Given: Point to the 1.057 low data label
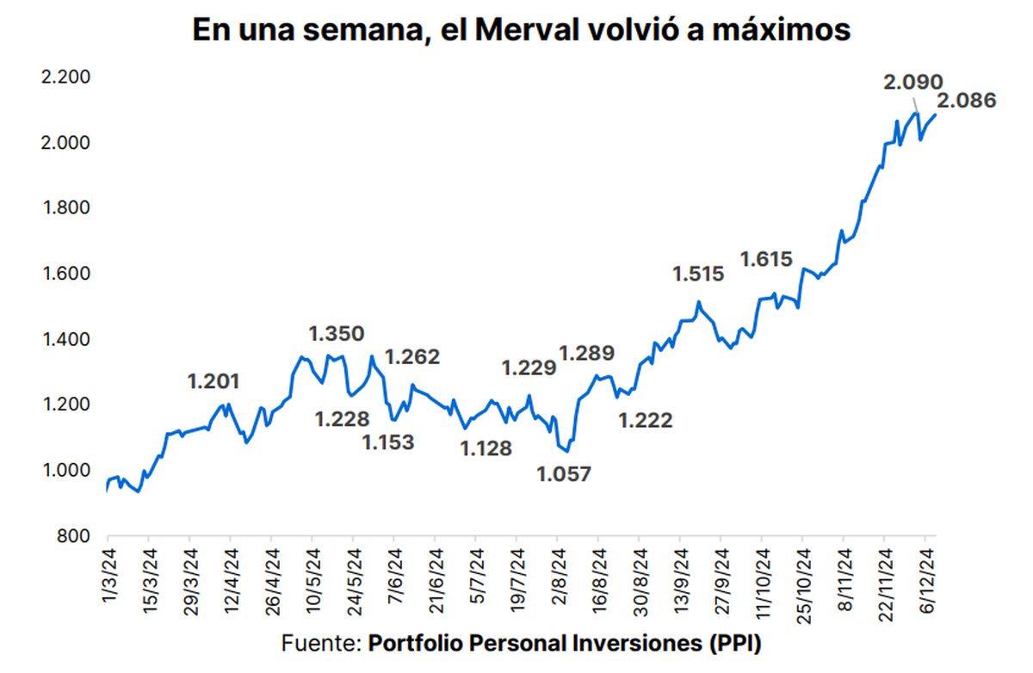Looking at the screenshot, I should tap(564, 474).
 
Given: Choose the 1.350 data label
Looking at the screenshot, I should tap(337, 333).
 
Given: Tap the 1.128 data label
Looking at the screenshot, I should tap(486, 448).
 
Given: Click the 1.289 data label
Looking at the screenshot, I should tap(586, 353).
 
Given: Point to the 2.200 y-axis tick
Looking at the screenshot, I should tap(66, 77).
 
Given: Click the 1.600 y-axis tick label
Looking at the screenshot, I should tap(66, 274).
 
